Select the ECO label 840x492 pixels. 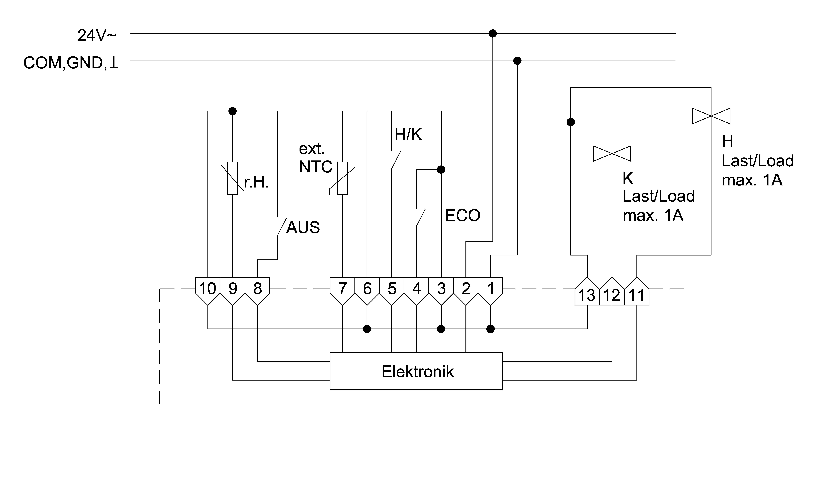[462, 215]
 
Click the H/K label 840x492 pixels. [408, 135]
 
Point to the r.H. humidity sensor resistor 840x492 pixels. [232, 178]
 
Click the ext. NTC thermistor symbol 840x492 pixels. [342, 178]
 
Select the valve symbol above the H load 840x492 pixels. [711, 116]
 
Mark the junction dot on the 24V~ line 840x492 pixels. [492, 33]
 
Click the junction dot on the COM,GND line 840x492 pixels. [517, 61]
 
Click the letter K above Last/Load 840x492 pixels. [628, 178]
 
